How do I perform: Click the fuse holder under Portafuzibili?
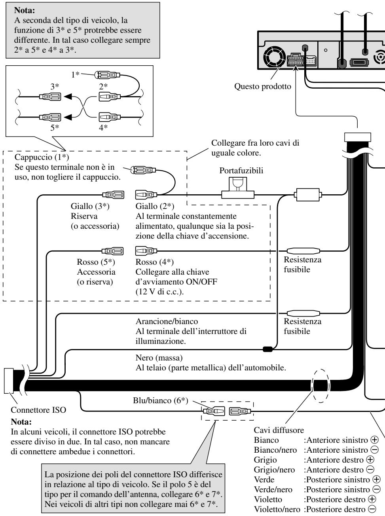pyautogui.click(x=238, y=188)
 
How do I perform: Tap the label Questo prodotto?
pyautogui.click(x=263, y=86)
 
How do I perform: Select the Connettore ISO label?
pyautogui.click(x=38, y=410)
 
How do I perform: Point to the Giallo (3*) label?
pyautogui.click(x=90, y=206)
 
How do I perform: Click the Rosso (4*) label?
pyautogui.click(x=154, y=262)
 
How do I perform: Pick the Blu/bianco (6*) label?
pyautogui.click(x=161, y=400)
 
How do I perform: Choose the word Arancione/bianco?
pyautogui.click(x=167, y=321)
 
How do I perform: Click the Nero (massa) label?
pyautogui.click(x=159, y=358)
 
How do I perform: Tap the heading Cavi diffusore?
pyautogui.click(x=279, y=430)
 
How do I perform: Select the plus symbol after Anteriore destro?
pyautogui.click(x=370, y=459)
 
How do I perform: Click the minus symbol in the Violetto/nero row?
pyautogui.click(x=372, y=509)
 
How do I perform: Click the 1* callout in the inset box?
pyautogui.click(x=75, y=74)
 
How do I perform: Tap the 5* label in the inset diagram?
pyautogui.click(x=55, y=128)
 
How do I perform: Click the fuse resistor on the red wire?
pyautogui.click(x=303, y=251)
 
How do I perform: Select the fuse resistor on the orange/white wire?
pyautogui.click(x=303, y=313)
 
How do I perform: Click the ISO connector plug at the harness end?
pyautogui.click(x=9, y=380)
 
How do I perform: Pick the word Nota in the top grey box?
pyautogui.click(x=25, y=10)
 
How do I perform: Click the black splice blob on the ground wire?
pyautogui.click(x=267, y=349)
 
